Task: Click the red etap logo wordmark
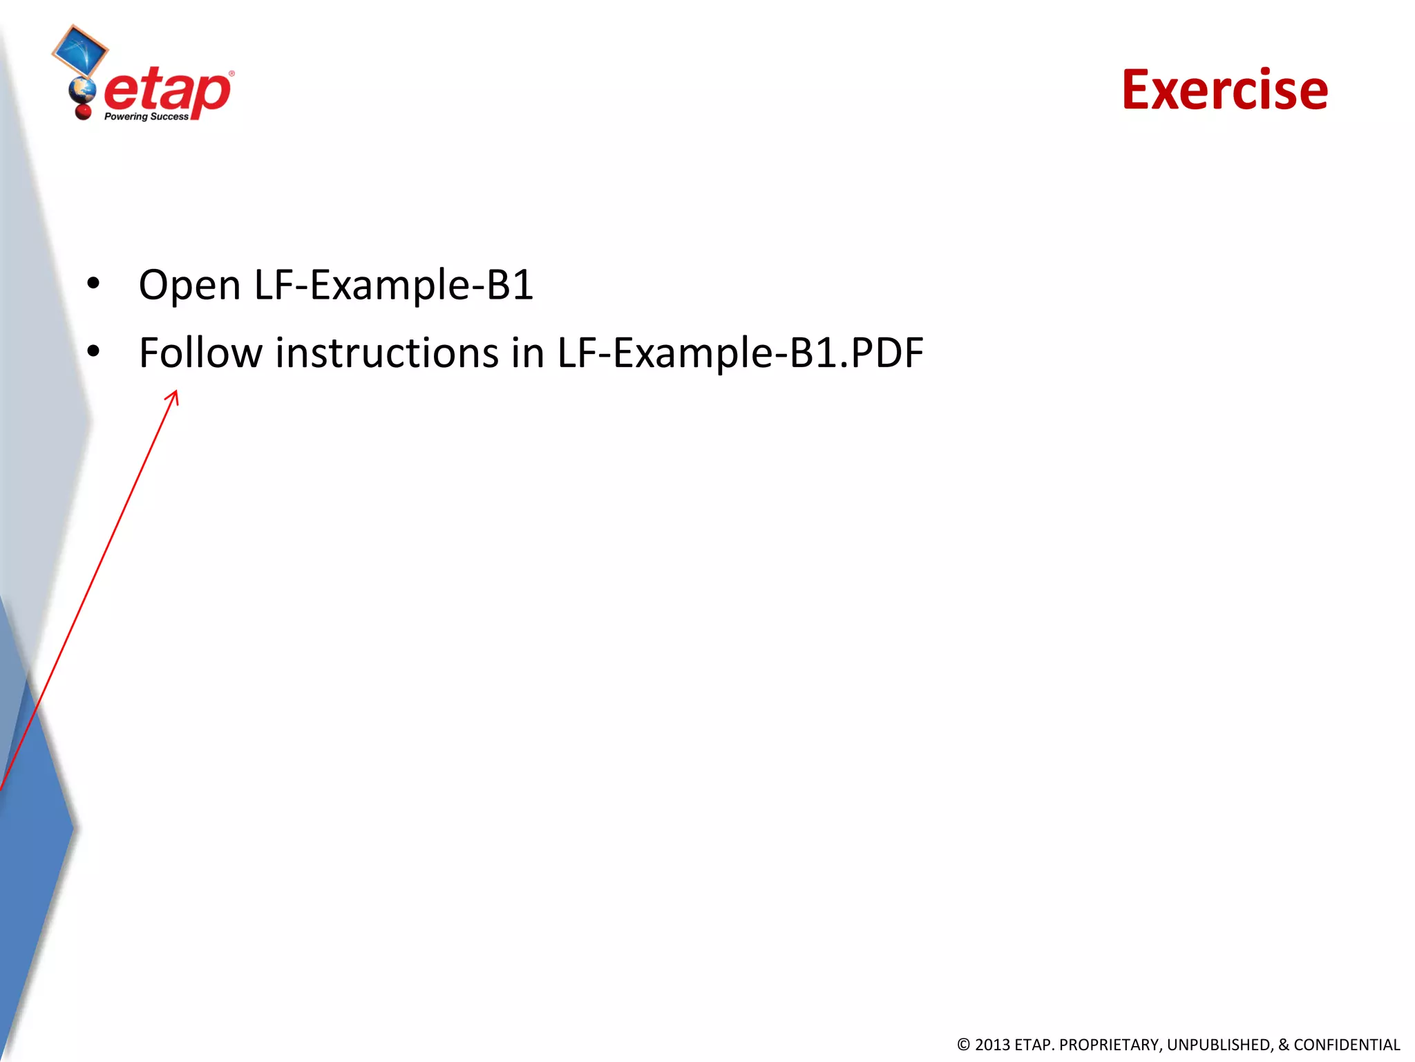click(x=168, y=91)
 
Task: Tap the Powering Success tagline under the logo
click(x=146, y=117)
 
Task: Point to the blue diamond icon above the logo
click(x=80, y=50)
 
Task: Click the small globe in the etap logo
click(x=82, y=90)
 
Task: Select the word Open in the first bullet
click(x=189, y=285)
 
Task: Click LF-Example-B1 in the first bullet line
click(x=394, y=285)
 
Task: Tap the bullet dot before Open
click(x=93, y=283)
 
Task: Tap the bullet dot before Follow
click(x=93, y=351)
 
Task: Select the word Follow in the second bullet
click(x=200, y=353)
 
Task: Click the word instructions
click(x=387, y=353)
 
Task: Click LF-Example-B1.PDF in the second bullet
click(x=740, y=353)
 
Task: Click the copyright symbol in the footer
click(x=963, y=1045)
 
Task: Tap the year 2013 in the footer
click(x=992, y=1045)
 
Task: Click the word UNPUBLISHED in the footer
click(x=1219, y=1045)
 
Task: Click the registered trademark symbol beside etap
click(x=231, y=73)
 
